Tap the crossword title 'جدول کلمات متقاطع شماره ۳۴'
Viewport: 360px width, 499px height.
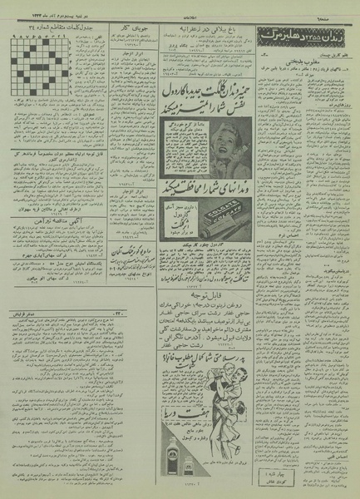click(46, 125)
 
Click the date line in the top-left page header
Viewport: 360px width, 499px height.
click(42, 11)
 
